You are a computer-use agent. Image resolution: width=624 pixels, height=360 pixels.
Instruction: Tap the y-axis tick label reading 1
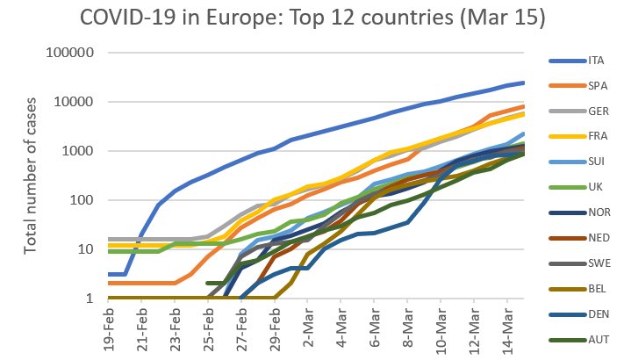(90, 299)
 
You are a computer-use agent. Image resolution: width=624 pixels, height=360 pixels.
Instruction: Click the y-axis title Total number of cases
(31, 176)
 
